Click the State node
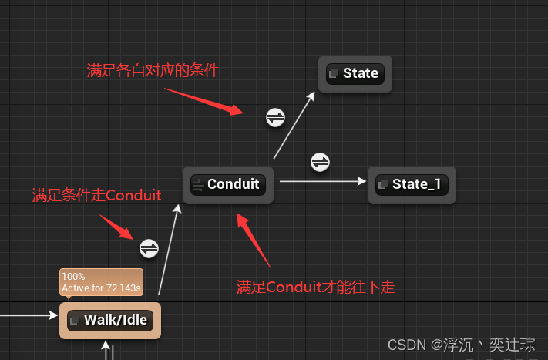[355, 74]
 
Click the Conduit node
[229, 185]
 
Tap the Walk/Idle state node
[109, 321]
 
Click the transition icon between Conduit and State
[275, 117]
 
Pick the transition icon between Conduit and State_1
[321, 162]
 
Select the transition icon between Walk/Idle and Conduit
[149, 248]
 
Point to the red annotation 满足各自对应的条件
[153, 71]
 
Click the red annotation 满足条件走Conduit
[96, 196]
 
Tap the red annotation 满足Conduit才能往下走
[315, 288]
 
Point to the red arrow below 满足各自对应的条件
[203, 100]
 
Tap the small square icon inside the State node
[334, 74]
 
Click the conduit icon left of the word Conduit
[198, 185]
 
